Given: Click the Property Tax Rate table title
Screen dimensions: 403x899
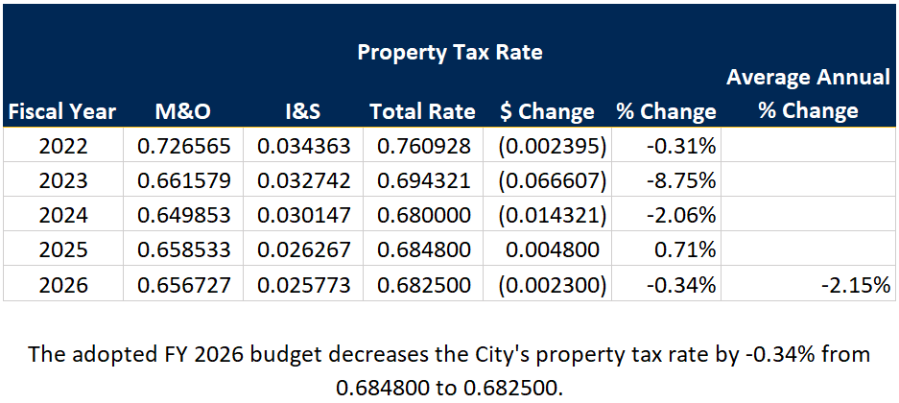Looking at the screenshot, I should point(450,52).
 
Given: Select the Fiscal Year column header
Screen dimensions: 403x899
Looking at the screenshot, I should point(61,111).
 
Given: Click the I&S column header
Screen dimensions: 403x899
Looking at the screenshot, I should point(302,111).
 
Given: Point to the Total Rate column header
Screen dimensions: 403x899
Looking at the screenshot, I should point(422,111).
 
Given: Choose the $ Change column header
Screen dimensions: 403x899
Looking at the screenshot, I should point(547,111).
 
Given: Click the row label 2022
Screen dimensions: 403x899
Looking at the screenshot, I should point(63,147).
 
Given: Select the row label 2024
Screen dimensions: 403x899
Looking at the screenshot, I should point(63,216).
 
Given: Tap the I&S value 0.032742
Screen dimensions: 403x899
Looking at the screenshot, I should point(304,181).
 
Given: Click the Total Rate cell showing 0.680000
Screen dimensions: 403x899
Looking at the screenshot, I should point(423,216).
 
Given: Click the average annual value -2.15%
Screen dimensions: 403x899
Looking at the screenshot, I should point(853,285).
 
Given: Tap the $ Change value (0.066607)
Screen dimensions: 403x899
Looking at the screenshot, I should point(547,181).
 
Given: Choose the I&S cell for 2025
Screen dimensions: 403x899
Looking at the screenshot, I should point(304,250).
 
